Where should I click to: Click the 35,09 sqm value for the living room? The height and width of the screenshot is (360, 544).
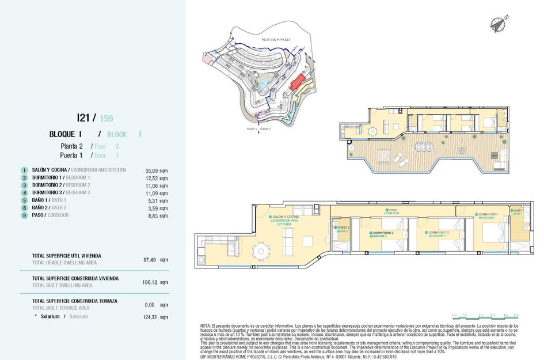tap(157, 170)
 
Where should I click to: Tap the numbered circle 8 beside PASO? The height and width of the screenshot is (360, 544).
tap(24, 215)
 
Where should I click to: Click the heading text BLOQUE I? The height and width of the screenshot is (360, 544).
tap(65, 134)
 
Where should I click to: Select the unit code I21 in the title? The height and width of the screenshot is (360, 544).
tap(83, 118)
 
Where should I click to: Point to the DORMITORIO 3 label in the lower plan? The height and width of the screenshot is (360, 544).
tap(381, 233)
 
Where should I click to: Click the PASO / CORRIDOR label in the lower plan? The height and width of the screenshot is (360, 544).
tap(391, 211)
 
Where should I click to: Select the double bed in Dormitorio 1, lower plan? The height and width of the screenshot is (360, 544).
tap(494, 235)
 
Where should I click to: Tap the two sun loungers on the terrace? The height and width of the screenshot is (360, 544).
tap(385, 156)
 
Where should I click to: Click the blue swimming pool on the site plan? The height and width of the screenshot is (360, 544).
tap(263, 85)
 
